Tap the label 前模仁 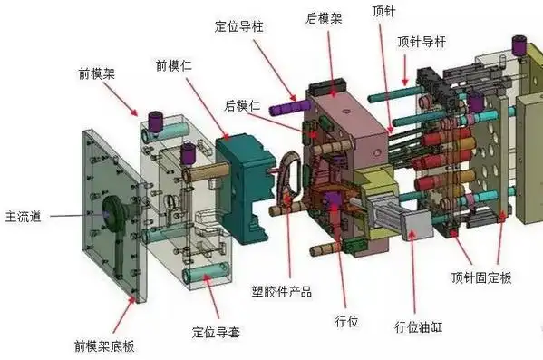click(173, 65)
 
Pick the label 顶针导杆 click(421, 42)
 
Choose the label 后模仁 click(242, 107)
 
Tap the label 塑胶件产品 click(281, 291)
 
